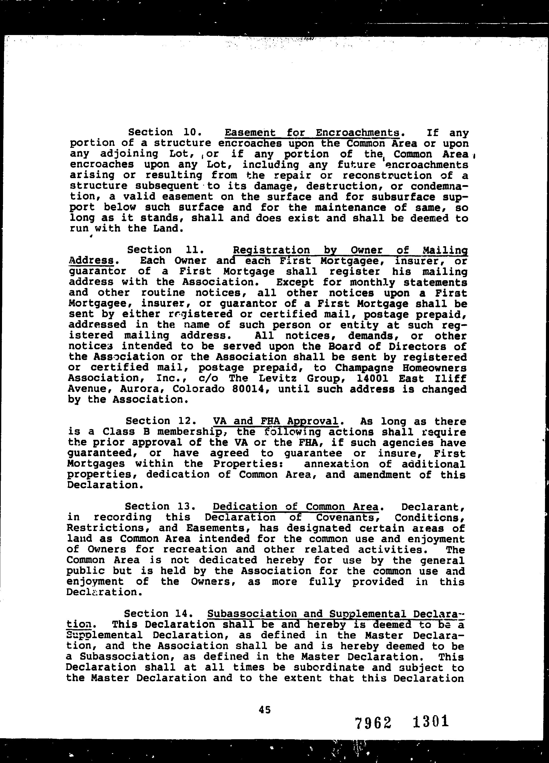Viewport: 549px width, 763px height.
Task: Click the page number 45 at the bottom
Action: click(265, 710)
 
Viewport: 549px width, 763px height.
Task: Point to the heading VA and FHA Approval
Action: click(275, 421)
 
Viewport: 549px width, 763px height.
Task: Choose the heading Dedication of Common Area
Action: click(295, 507)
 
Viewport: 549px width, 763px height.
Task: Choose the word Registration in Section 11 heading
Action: click(271, 250)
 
